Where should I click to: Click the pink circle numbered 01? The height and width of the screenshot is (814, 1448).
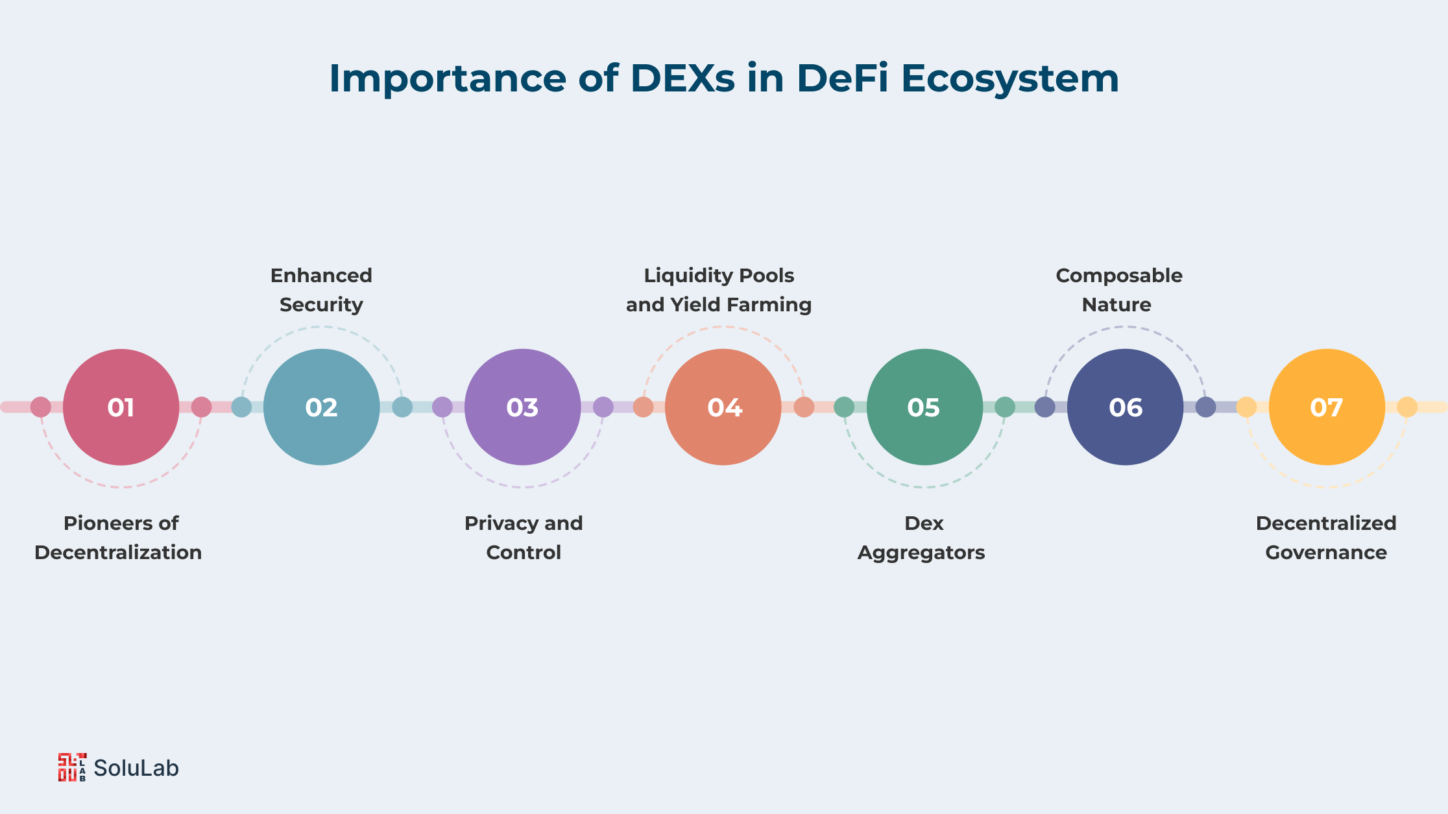[121, 407]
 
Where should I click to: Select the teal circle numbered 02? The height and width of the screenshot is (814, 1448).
[322, 407]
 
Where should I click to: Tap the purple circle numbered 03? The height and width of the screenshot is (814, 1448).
[523, 407]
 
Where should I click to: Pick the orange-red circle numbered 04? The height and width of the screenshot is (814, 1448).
[723, 407]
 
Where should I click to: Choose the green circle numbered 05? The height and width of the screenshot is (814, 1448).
[924, 407]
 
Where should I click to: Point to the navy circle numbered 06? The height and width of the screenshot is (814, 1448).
[1126, 407]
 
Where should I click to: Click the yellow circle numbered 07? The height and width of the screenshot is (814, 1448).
[1327, 407]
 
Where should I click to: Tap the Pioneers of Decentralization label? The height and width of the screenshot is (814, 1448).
[119, 538]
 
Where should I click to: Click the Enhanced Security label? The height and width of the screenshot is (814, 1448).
[321, 290]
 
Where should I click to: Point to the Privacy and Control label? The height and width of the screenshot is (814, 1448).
[524, 538]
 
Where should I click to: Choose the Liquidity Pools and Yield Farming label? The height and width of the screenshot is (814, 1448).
[719, 290]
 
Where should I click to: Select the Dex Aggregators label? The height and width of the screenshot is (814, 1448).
[922, 538]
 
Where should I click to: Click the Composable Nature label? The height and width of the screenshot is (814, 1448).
[1119, 290]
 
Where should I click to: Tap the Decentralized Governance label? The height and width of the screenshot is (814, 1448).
[1326, 538]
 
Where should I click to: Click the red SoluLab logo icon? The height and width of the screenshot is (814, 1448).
[72, 767]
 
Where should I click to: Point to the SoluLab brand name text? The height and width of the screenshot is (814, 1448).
[136, 768]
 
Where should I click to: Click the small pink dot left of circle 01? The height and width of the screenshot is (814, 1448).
[41, 407]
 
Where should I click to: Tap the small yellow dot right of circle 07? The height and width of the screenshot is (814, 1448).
[1407, 407]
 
